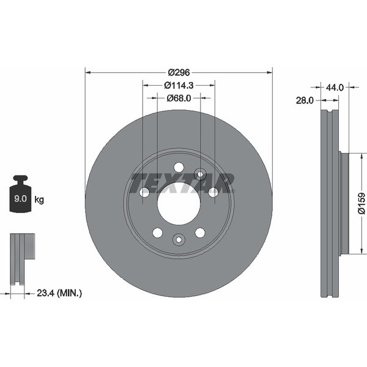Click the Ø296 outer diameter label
point(178,72)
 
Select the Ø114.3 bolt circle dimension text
point(178,85)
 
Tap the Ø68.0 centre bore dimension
point(179,97)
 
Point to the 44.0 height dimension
point(334,87)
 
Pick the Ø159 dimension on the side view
point(361,203)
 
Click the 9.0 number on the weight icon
point(19,199)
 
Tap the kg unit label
point(39,199)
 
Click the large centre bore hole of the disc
point(179,203)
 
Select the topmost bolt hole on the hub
point(179,167)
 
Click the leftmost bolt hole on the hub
point(144,192)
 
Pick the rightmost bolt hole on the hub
point(213,192)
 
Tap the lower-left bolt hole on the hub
point(157,232)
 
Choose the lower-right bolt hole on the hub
point(200,232)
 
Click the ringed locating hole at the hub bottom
point(179,240)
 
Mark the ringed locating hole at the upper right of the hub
point(200,174)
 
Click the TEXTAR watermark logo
point(182,182)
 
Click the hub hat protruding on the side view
point(344,203)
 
